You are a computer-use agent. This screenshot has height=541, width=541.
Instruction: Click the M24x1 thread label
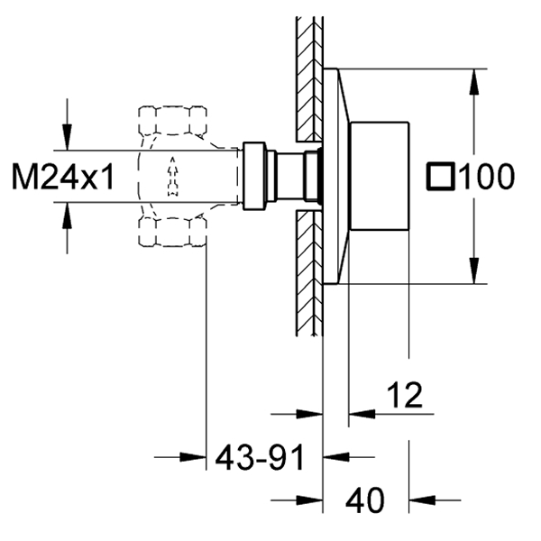point(63,177)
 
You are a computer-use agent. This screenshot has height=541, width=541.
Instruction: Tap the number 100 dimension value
point(487,177)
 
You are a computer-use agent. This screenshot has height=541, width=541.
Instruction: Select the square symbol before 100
point(441,176)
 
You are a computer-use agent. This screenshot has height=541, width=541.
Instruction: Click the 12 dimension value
point(405,395)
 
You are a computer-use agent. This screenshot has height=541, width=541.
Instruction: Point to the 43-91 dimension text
point(261,457)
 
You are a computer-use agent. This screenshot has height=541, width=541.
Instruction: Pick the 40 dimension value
point(364,500)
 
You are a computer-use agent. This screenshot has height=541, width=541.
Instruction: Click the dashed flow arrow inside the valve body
point(172,176)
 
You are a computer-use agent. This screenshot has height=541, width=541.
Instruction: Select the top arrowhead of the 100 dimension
point(475,82)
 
